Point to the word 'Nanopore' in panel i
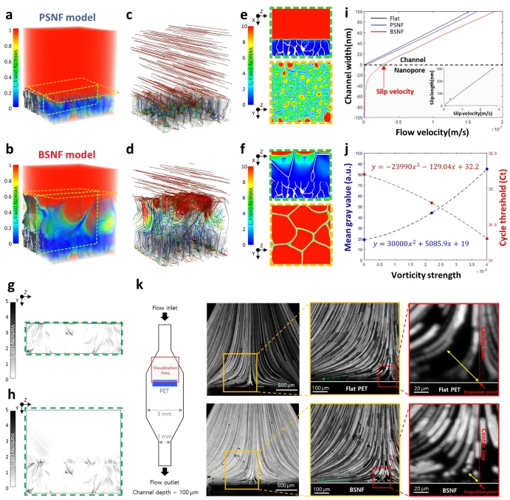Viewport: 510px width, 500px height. tap(410, 74)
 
